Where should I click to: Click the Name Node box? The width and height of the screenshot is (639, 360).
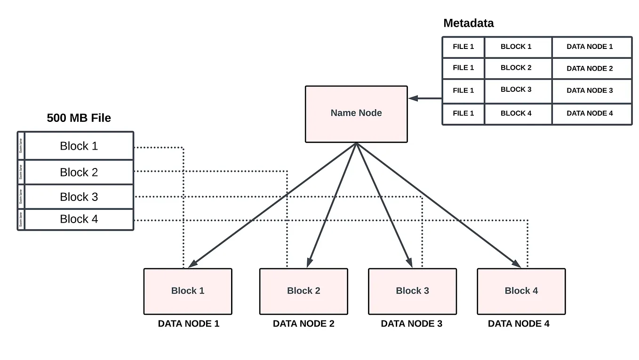356,113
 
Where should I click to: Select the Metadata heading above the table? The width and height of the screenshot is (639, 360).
468,23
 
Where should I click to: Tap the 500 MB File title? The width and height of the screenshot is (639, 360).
79,118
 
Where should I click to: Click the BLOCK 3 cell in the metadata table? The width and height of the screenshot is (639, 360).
516,89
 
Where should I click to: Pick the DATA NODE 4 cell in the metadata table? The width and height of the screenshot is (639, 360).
590,113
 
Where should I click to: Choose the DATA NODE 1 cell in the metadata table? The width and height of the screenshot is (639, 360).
590,47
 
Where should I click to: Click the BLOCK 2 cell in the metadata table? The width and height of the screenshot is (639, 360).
516,68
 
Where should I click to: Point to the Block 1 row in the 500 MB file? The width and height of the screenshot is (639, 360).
79,146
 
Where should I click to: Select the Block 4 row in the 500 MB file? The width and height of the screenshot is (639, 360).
79,219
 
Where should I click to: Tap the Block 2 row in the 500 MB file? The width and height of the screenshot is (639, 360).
79,172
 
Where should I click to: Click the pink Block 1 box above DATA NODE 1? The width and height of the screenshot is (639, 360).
188,291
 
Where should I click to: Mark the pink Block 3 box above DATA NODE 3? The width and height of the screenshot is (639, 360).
412,291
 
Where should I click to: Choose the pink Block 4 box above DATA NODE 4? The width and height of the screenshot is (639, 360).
521,291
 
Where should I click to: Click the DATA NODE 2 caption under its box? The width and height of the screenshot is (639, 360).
304,324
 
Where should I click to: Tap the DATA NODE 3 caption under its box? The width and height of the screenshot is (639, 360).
411,324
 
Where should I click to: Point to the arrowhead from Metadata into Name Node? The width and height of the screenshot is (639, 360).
413,98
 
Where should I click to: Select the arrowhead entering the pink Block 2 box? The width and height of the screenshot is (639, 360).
309,264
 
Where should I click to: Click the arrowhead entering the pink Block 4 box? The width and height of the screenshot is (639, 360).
517,264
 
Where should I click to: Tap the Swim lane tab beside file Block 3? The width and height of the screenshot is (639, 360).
21,197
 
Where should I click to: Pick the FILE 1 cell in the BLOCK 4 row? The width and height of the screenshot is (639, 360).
463,113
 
